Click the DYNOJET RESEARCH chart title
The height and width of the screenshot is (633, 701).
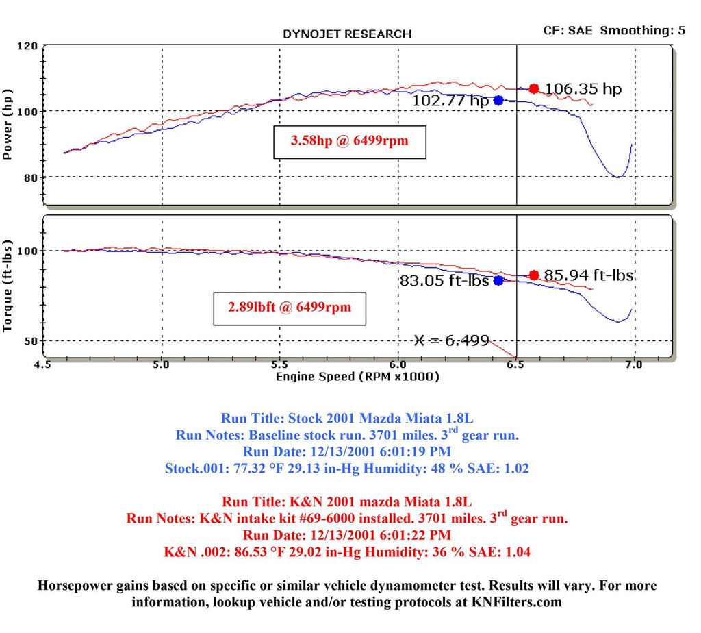pos(347,34)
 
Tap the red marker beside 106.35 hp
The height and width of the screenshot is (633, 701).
pos(534,88)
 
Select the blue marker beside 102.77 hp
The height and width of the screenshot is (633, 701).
pos(498,100)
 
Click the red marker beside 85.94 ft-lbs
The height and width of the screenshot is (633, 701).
pos(534,275)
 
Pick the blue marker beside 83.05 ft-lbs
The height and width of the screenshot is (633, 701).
pos(498,280)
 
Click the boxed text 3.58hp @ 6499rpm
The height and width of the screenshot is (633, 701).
pos(349,142)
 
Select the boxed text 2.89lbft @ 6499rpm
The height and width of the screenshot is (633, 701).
pos(290,307)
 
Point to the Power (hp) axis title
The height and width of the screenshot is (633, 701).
pos(9,124)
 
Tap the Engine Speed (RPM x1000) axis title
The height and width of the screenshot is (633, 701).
pos(357,377)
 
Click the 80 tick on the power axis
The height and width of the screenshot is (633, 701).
pos(30,177)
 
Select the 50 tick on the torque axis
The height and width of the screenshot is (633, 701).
pos(30,340)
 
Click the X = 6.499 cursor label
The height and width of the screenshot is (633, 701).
pos(451,340)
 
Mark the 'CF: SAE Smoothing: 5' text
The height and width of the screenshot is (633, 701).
pos(614,30)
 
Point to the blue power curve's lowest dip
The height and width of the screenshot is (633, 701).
pos(618,177)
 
